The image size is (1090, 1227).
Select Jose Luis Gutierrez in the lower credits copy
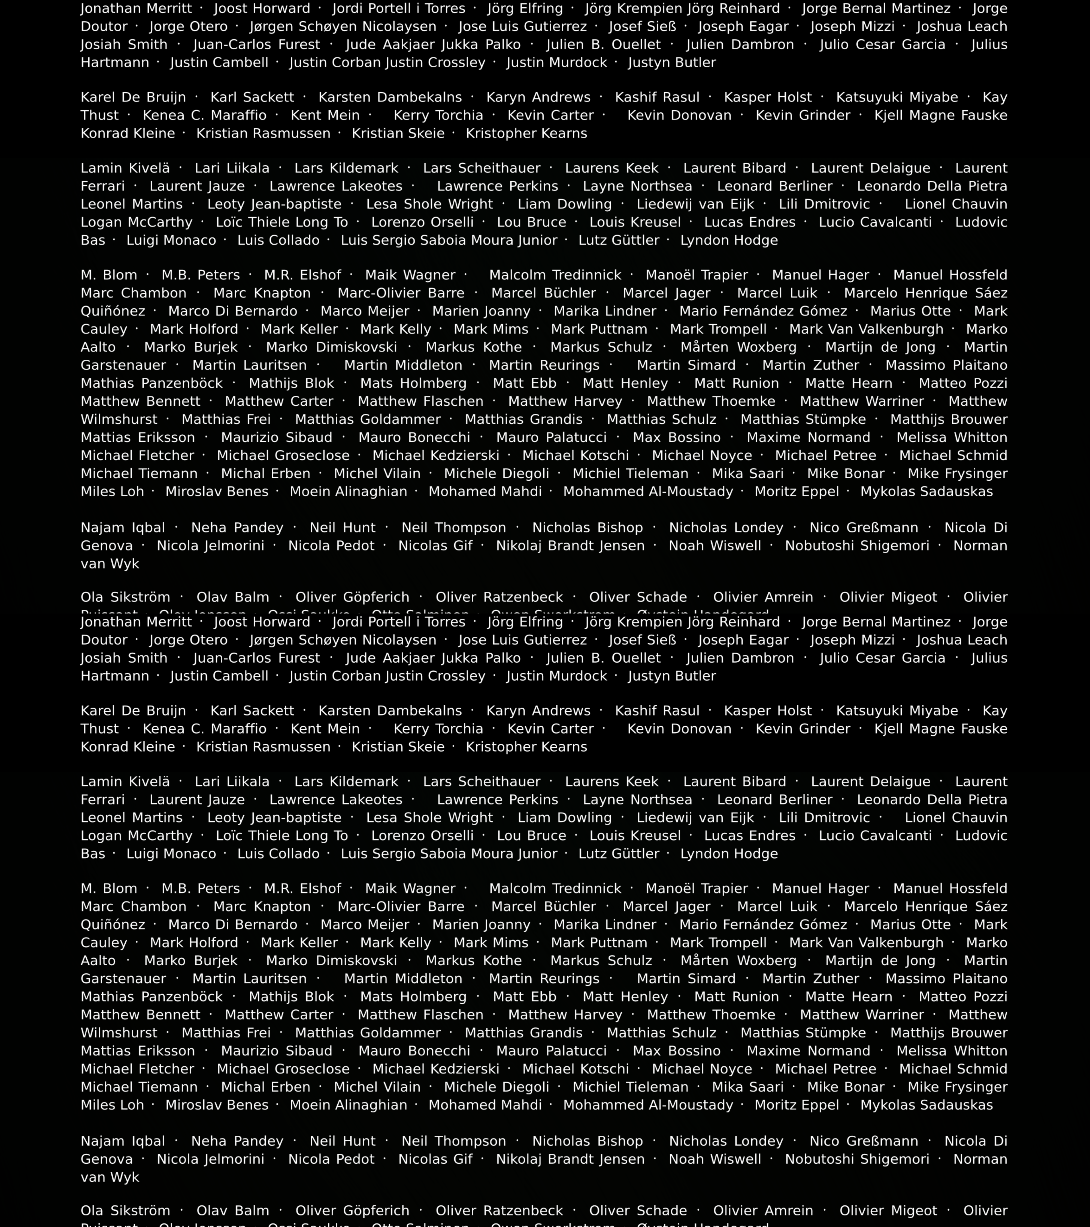tap(522, 640)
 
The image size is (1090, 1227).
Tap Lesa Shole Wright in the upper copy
tap(429, 204)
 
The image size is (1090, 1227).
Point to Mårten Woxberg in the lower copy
tap(738, 961)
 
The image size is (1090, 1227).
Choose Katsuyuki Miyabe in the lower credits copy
tap(897, 711)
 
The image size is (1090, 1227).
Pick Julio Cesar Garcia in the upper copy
tap(882, 44)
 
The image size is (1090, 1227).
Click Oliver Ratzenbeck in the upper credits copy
tap(499, 597)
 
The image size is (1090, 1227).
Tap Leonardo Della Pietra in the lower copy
tap(932, 799)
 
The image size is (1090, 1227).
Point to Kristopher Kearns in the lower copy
tap(526, 747)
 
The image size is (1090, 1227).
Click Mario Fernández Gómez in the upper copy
tap(763, 311)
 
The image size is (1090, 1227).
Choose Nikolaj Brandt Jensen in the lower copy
tap(570, 1159)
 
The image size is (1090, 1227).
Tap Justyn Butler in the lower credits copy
tap(672, 676)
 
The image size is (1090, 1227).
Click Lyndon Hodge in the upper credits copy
tap(729, 240)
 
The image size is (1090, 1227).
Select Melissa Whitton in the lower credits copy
tap(951, 1051)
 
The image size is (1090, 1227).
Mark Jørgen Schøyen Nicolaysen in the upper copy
tap(343, 26)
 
